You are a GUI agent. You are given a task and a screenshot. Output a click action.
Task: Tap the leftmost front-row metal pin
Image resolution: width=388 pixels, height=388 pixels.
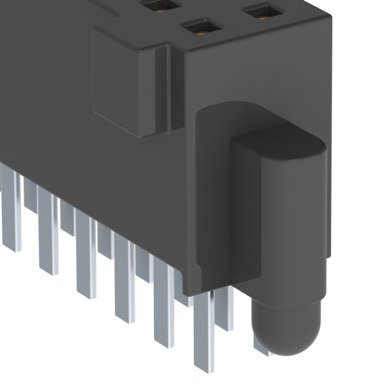click(10, 206)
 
